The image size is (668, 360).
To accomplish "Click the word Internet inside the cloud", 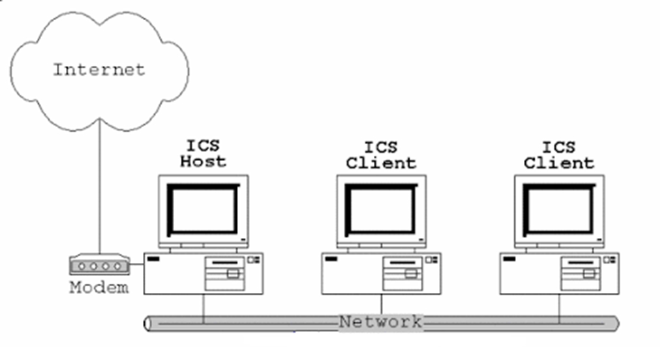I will pyautogui.click(x=99, y=68).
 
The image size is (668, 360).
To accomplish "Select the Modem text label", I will pyautogui.click(x=99, y=287).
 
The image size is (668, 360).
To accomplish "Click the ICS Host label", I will pyautogui.click(x=203, y=154).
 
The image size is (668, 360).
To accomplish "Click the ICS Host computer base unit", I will pyautogui.click(x=204, y=273).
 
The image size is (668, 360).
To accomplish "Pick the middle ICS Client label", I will pyautogui.click(x=381, y=155).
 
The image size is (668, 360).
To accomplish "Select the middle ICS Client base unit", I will pyautogui.click(x=382, y=273).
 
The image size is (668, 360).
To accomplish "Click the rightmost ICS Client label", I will pyautogui.click(x=558, y=155).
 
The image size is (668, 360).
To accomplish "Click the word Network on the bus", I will pyautogui.click(x=380, y=322).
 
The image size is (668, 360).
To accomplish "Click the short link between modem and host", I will pyautogui.click(x=136, y=264).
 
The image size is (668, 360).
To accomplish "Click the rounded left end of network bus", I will pyautogui.click(x=147, y=323).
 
